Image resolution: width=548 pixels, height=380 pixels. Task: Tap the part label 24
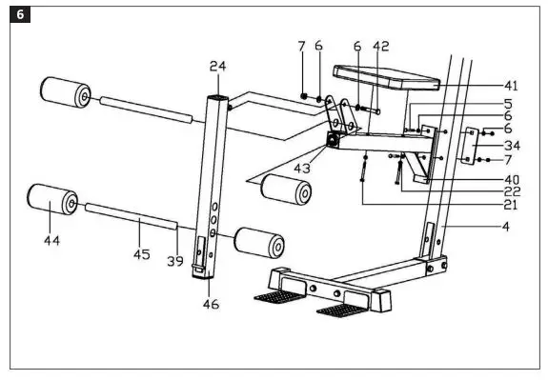pyautogui.click(x=218, y=67)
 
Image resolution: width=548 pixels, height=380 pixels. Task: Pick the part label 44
pyautogui.click(x=51, y=242)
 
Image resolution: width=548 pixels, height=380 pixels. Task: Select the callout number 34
pyautogui.click(x=512, y=146)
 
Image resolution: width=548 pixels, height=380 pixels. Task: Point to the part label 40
pyautogui.click(x=512, y=178)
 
